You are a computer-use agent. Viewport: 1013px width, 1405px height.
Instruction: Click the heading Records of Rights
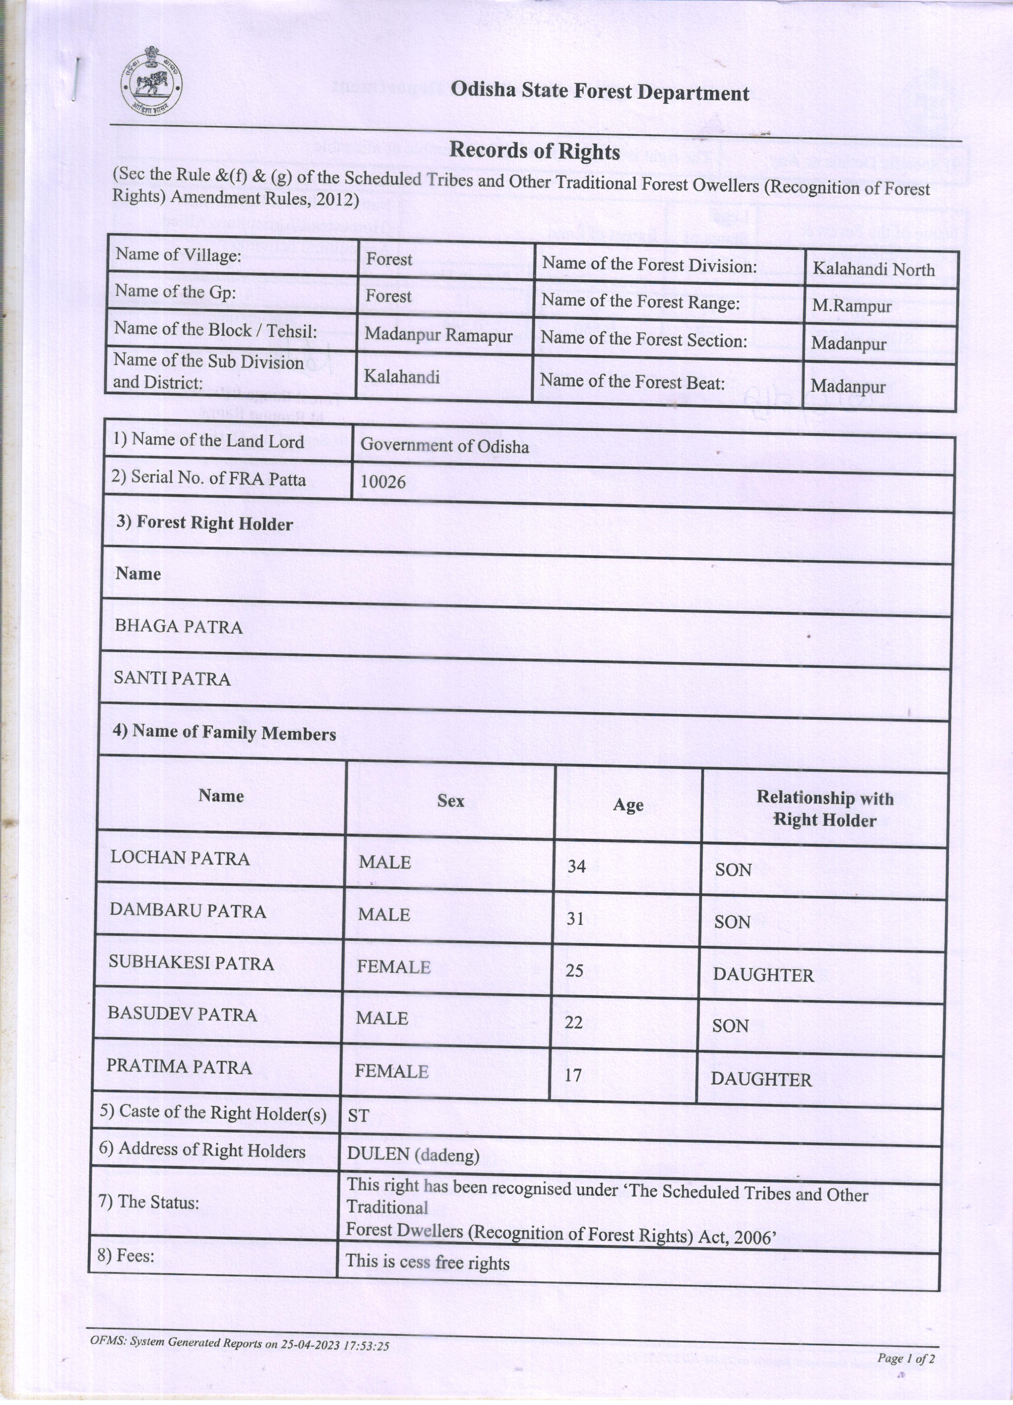tap(534, 151)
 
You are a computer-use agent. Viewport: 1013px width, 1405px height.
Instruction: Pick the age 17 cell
tap(573, 1075)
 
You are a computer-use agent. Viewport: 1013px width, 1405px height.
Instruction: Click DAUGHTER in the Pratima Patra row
tap(761, 1080)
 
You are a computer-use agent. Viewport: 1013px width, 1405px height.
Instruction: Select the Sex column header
tap(450, 801)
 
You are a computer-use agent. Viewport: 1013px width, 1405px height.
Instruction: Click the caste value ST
tap(358, 1116)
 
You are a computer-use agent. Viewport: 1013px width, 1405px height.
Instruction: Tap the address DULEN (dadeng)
tap(413, 1154)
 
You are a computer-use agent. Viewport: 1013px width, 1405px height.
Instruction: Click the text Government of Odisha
tap(444, 446)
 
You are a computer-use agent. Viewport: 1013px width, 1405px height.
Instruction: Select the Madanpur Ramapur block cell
tap(438, 335)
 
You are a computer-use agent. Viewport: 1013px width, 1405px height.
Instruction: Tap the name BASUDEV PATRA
tap(182, 1015)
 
